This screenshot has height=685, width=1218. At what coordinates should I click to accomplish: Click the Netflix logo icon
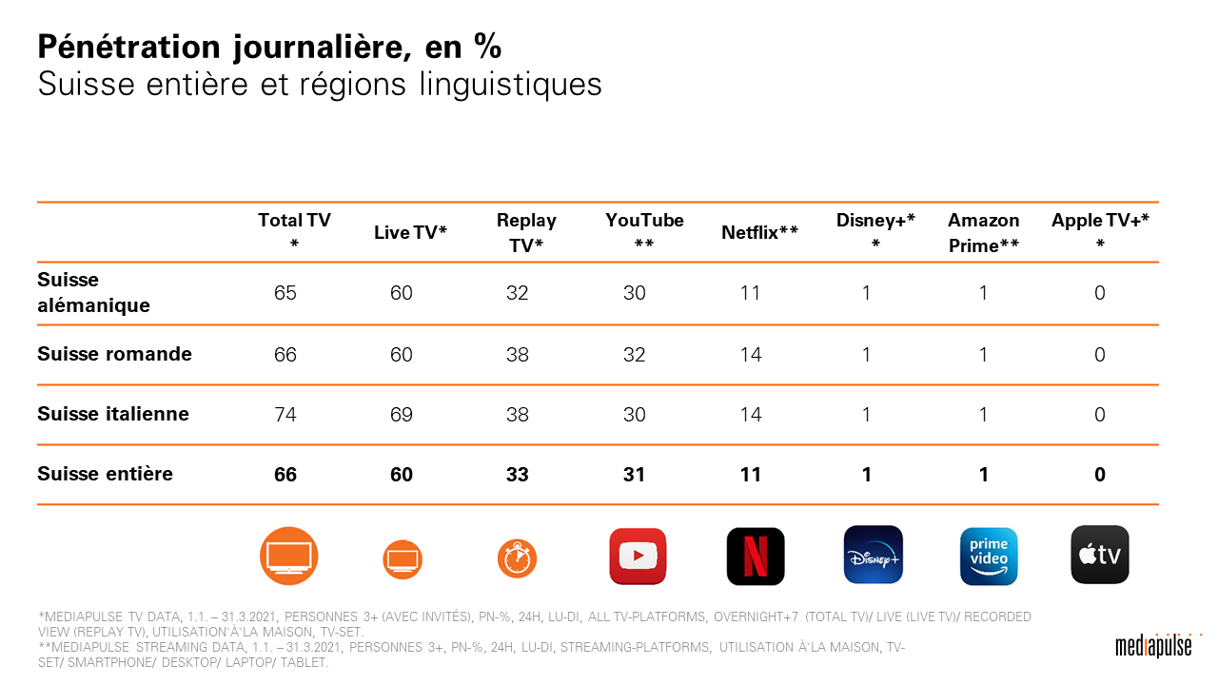[756, 557]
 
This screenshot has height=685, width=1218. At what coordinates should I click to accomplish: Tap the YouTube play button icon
[638, 557]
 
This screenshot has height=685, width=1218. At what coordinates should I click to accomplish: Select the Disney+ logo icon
[873, 555]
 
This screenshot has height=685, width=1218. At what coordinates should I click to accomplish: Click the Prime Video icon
[989, 556]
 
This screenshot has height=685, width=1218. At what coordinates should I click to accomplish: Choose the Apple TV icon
[1100, 555]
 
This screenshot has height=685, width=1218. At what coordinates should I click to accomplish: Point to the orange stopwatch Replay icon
[518, 558]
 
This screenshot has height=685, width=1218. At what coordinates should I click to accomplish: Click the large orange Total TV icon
[289, 556]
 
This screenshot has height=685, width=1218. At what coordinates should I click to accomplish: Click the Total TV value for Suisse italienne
[285, 415]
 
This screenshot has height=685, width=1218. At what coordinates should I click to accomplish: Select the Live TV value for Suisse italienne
[402, 415]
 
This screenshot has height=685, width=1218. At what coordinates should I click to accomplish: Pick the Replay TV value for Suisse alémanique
[518, 293]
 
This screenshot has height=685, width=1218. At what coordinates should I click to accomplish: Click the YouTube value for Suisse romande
[635, 355]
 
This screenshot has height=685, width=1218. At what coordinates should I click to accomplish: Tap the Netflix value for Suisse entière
[751, 474]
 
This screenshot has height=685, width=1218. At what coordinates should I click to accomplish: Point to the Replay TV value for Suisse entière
[518, 474]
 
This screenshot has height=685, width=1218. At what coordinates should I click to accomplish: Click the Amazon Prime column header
[984, 232]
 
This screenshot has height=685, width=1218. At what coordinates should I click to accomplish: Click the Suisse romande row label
[114, 355]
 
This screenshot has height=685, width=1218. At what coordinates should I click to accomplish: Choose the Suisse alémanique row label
[93, 293]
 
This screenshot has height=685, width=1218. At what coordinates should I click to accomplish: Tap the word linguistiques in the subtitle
[510, 85]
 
